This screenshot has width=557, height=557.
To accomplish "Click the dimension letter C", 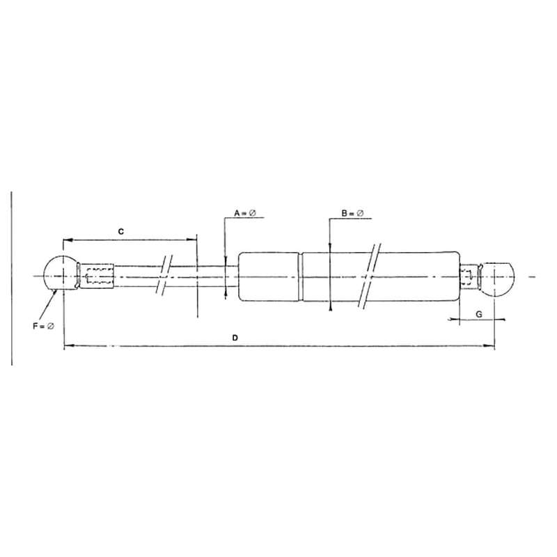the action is click(121, 232).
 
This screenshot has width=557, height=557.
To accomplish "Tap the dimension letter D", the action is click(235, 338).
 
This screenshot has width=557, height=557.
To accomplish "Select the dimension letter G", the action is click(479, 315).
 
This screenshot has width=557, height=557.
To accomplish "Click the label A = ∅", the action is click(245, 213).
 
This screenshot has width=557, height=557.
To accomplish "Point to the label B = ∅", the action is click(353, 213).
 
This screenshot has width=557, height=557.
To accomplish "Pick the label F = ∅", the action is click(44, 326).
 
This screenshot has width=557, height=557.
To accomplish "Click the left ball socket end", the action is click(61, 273).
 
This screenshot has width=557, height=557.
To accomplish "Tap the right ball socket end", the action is click(498, 280).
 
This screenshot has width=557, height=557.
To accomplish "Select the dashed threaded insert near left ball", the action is click(98, 276).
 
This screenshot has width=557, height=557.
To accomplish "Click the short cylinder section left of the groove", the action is click(269, 276).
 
